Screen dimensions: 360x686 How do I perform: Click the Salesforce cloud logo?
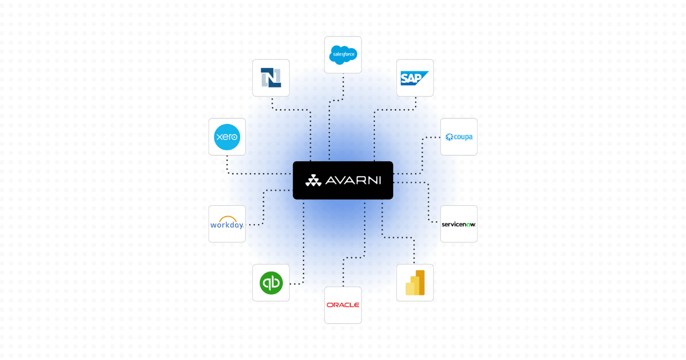click(343, 54)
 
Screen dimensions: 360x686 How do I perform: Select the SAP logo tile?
click(415, 78)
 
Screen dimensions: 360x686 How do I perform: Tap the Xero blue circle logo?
click(227, 137)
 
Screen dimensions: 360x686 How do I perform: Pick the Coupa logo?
click(459, 137)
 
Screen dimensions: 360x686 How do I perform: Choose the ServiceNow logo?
click(458, 224)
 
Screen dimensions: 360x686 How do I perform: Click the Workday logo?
click(227, 223)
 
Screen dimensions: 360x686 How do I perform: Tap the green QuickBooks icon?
click(271, 283)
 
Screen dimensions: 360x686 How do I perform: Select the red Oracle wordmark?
click(343, 305)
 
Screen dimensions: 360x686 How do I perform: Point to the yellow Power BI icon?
click(415, 283)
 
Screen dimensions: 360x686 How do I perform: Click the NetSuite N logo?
click(271, 78)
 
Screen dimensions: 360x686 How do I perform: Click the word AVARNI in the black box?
click(353, 181)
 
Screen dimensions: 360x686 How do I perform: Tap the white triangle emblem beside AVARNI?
click(313, 181)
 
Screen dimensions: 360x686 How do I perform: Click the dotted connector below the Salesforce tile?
click(343, 86)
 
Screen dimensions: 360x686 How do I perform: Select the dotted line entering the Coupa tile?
click(432, 137)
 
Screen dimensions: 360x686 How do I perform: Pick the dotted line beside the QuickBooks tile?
click(296, 284)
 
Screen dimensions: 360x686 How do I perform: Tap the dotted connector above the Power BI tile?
click(414, 251)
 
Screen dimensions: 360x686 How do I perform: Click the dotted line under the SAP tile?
click(416, 103)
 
